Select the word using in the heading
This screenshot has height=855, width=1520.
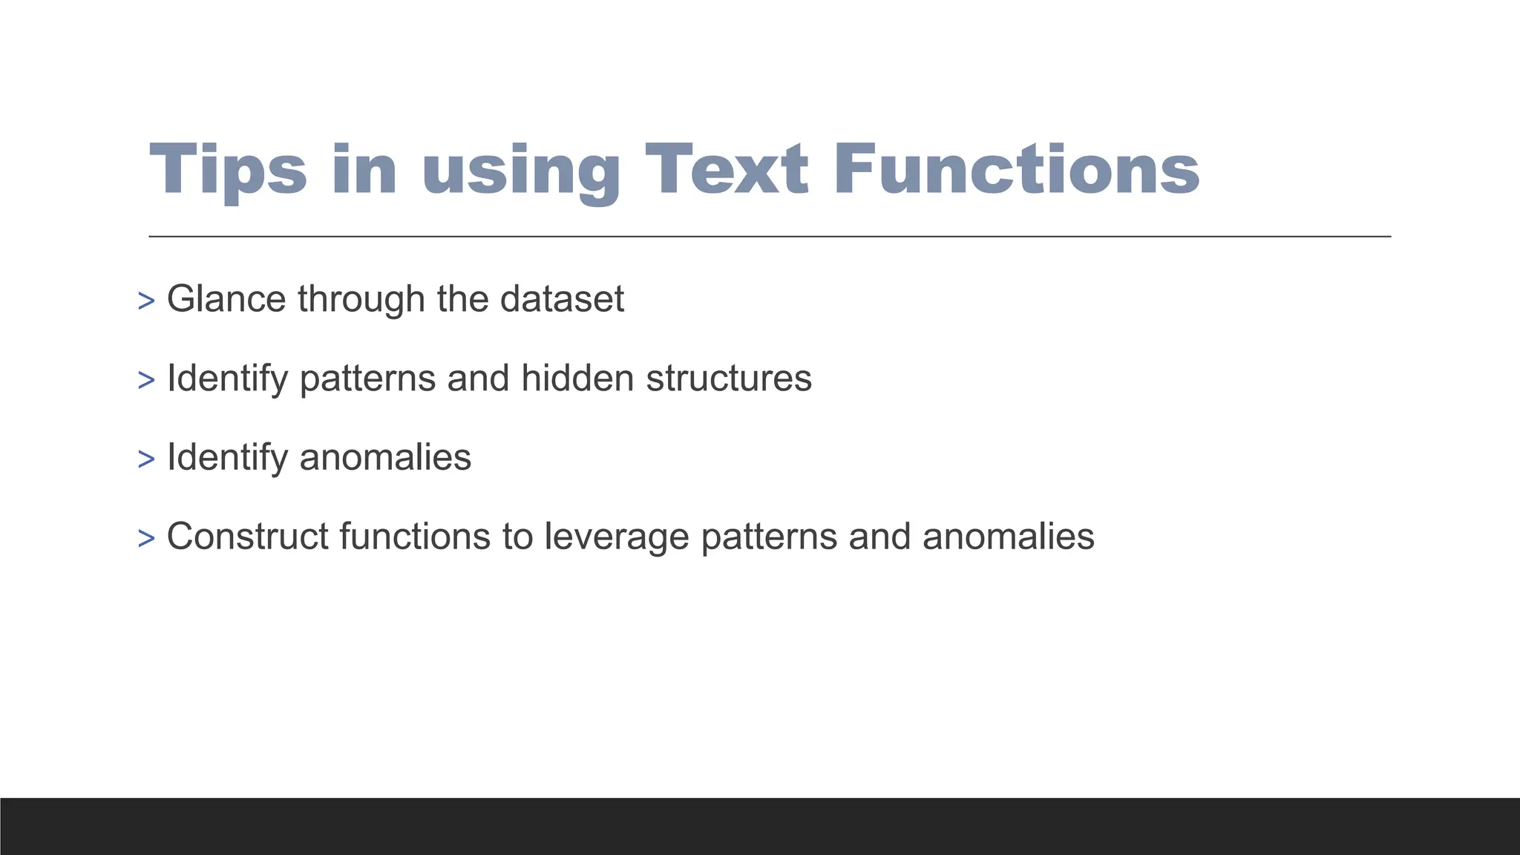[520, 172]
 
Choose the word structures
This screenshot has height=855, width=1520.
[729, 378]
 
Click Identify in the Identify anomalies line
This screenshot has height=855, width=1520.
[227, 458]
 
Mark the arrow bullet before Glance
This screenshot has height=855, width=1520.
[146, 301]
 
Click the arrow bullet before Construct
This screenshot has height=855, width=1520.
[146, 538]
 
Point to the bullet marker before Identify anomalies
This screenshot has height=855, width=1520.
[146, 459]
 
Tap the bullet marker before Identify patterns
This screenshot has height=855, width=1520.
[146, 380]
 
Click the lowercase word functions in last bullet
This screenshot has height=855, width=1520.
[415, 536]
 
